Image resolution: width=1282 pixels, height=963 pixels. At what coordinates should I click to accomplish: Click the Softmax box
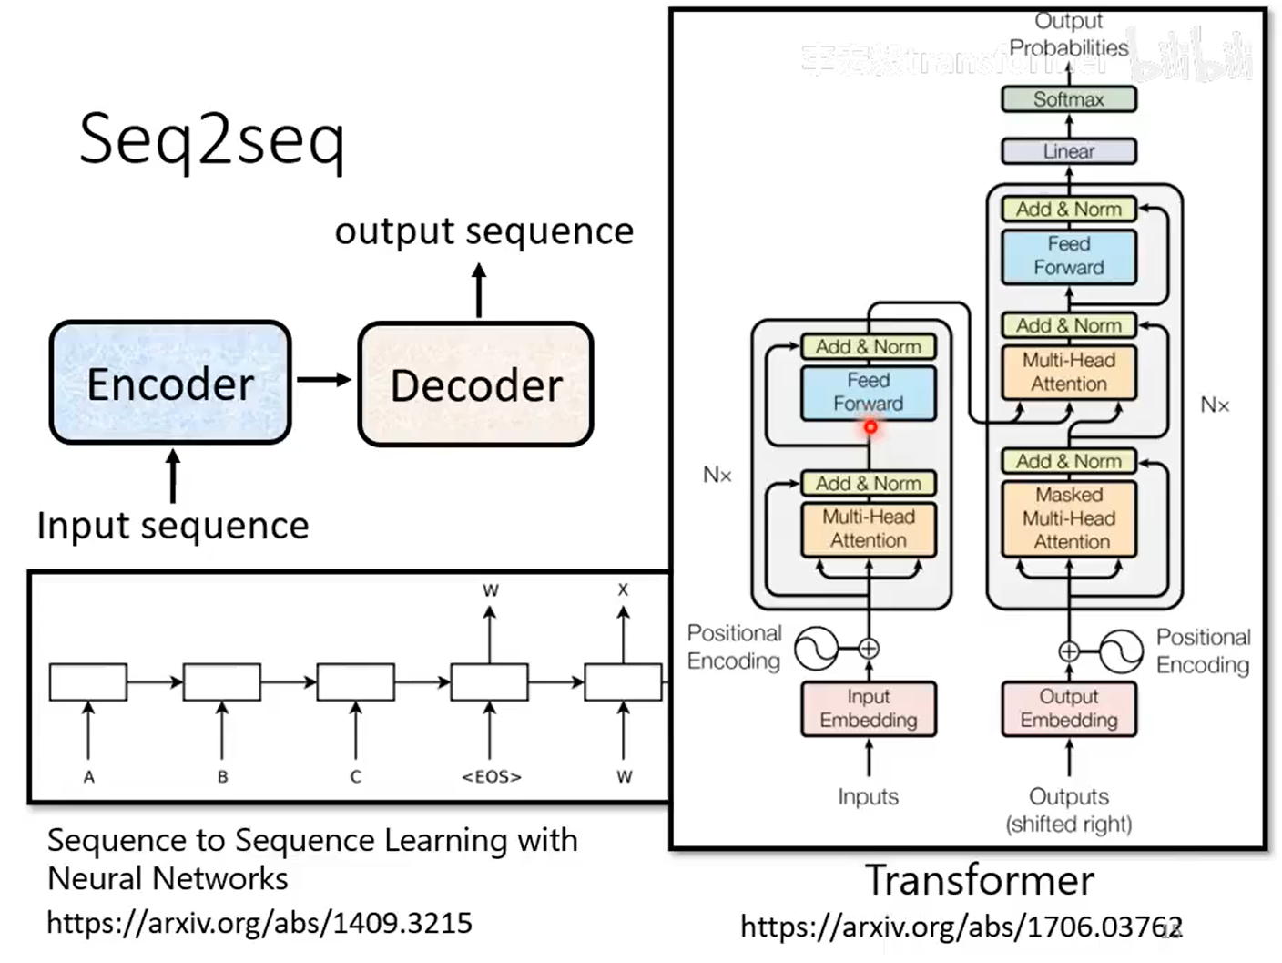(1068, 99)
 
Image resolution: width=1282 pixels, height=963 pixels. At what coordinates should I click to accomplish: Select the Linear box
(1068, 151)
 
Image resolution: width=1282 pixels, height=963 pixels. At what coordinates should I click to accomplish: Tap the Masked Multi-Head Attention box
(1068, 518)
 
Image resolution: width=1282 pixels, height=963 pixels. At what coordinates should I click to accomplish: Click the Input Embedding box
(868, 708)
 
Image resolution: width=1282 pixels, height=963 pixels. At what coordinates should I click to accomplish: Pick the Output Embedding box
(1068, 708)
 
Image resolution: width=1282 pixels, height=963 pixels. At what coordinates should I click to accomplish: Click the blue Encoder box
(170, 384)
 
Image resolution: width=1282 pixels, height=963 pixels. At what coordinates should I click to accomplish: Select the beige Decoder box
(475, 384)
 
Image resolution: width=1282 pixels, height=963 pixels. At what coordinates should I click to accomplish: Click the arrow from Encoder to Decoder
(323, 380)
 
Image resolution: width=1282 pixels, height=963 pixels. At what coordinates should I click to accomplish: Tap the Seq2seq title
(211, 140)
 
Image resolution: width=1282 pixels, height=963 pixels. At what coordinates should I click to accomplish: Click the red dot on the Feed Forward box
(870, 426)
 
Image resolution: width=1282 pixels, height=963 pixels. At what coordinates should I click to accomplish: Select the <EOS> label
(491, 777)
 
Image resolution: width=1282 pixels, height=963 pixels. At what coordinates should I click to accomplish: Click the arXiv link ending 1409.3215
(259, 923)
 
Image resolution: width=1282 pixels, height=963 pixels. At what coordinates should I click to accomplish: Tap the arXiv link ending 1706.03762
(961, 927)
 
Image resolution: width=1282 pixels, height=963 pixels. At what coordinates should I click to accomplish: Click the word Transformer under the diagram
(979, 880)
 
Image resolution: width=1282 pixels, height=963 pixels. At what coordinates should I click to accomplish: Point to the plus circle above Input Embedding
(869, 649)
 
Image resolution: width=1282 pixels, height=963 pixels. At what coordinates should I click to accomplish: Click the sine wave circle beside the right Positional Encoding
(1120, 651)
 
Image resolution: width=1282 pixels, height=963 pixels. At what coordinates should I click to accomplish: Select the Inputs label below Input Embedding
(868, 797)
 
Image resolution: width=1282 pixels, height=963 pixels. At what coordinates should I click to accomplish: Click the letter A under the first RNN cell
(88, 777)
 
